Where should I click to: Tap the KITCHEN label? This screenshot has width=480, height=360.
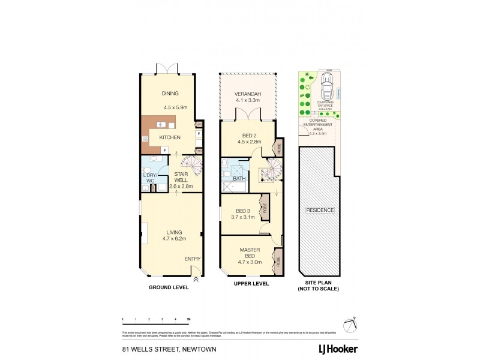click(x=170, y=138)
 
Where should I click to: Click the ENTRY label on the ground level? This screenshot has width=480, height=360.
click(x=193, y=259)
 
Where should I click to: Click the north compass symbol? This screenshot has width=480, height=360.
click(x=351, y=322)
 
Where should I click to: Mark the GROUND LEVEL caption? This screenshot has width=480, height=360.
click(x=169, y=287)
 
